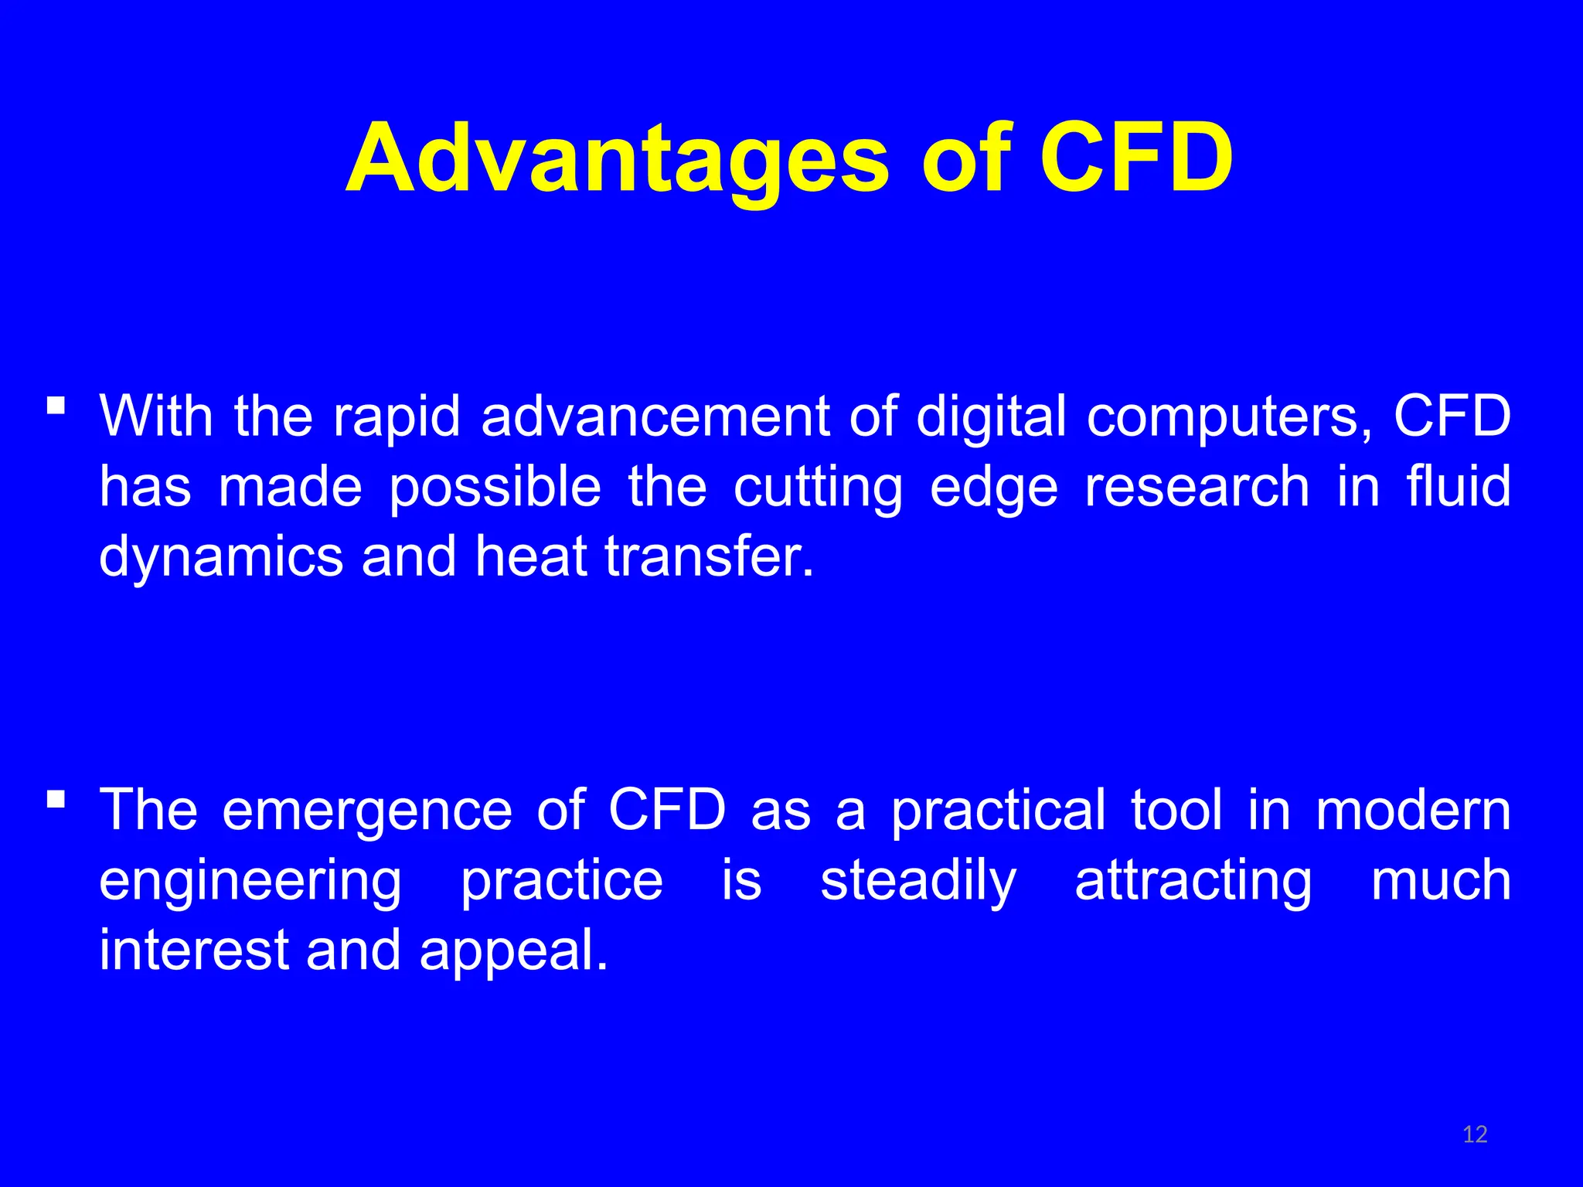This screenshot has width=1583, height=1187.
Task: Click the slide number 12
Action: click(1475, 1134)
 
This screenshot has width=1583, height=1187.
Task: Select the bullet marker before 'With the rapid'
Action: click(56, 405)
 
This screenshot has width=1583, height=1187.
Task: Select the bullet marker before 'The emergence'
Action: click(56, 798)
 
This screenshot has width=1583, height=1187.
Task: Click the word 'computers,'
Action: click(1230, 418)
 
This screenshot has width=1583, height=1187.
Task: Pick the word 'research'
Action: click(1197, 487)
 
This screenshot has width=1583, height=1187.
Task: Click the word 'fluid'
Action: click(1458, 486)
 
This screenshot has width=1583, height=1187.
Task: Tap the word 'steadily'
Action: click(918, 882)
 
